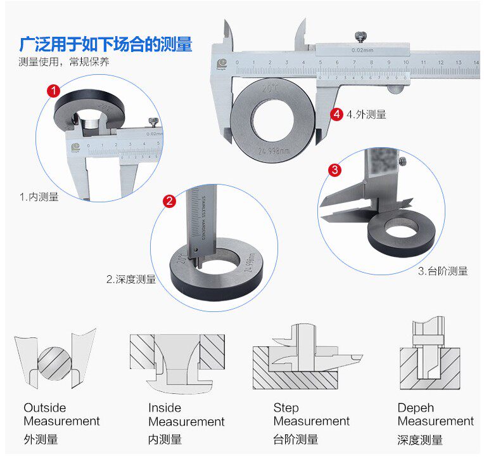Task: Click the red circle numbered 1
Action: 54,91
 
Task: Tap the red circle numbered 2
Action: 169,202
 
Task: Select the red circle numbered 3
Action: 335,170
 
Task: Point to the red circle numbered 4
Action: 337,114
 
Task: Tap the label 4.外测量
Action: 366,115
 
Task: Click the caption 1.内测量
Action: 39,197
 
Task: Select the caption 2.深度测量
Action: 131,279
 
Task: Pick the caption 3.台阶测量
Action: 443,271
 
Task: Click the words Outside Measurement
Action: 61,415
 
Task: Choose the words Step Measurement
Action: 311,415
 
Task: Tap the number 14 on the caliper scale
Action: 475,62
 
